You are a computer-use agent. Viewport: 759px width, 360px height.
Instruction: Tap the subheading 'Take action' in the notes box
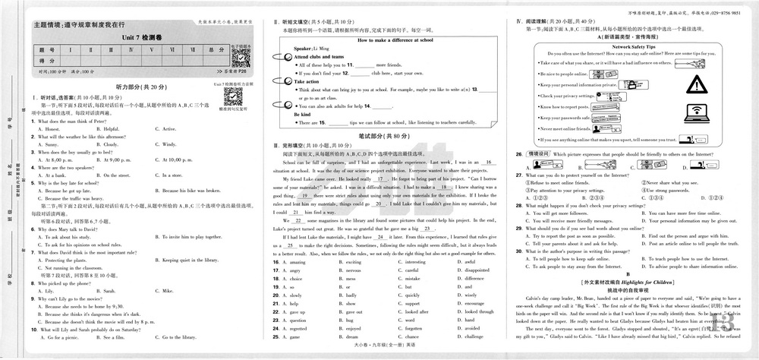pyautogui.click(x=307, y=81)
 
